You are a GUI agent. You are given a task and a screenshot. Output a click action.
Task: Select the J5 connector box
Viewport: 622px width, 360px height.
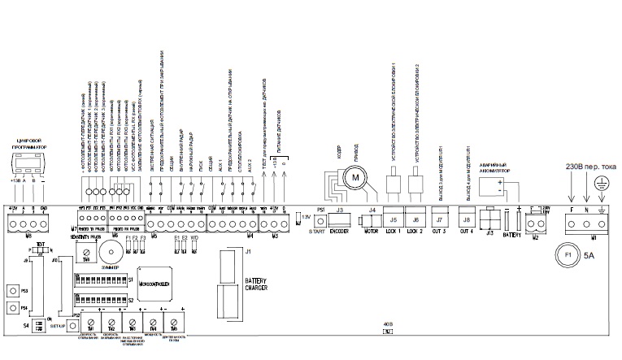(394, 220)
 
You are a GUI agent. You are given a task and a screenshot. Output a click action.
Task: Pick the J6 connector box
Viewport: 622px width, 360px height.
(416, 220)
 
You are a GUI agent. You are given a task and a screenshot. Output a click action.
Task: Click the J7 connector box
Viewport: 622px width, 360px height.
(440, 220)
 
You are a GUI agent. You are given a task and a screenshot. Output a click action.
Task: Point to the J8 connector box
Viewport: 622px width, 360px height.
(467, 220)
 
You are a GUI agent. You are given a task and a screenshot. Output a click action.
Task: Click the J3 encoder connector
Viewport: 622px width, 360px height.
(339, 220)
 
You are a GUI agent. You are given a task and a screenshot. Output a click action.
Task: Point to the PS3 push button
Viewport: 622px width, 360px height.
(13, 290)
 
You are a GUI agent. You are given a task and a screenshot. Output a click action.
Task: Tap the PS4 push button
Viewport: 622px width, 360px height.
(13, 309)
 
